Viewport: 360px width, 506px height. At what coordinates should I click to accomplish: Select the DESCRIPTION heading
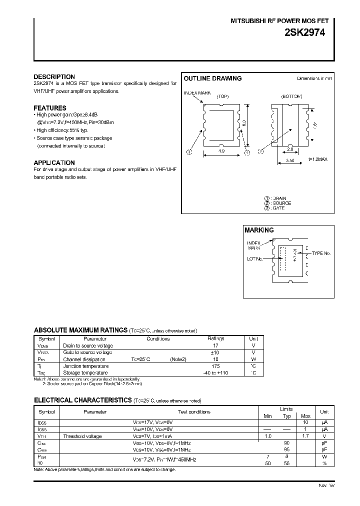tap(54, 77)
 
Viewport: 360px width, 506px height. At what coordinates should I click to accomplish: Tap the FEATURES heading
tap(49, 108)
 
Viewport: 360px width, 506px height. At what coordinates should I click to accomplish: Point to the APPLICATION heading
tap(54, 162)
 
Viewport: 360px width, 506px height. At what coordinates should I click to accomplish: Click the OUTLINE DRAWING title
tap(212, 78)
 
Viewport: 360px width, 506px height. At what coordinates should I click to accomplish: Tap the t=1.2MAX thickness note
tap(317, 159)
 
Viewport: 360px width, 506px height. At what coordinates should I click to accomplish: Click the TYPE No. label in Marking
tap(321, 253)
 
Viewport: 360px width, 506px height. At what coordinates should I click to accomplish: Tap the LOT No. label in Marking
tap(254, 259)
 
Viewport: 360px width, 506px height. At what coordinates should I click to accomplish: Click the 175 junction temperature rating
tap(215, 366)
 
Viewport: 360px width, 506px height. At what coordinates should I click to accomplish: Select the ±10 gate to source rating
tap(215, 352)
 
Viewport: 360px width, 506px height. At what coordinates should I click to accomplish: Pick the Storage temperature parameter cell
tap(85, 373)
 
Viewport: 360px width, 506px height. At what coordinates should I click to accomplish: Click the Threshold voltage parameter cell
tap(82, 436)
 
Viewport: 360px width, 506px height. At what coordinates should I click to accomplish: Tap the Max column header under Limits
tap(306, 416)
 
